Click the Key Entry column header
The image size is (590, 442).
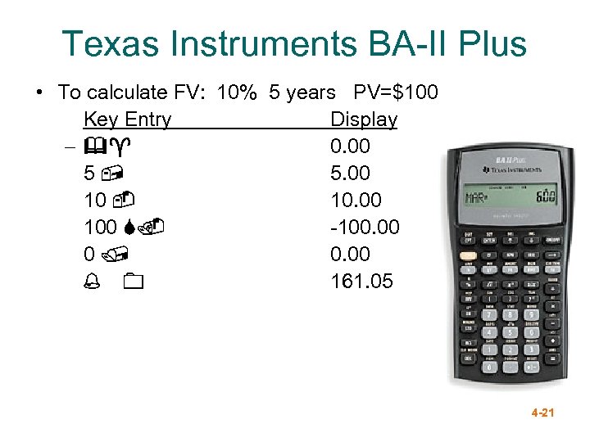[127, 120]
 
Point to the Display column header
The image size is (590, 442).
[363, 120]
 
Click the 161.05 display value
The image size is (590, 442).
[361, 282]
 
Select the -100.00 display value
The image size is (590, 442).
[365, 227]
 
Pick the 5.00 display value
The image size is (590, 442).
[350, 174]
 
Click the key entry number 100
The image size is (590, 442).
[99, 227]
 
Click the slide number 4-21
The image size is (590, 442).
[542, 413]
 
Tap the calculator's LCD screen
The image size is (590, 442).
[508, 197]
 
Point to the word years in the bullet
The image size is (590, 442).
[311, 92]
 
